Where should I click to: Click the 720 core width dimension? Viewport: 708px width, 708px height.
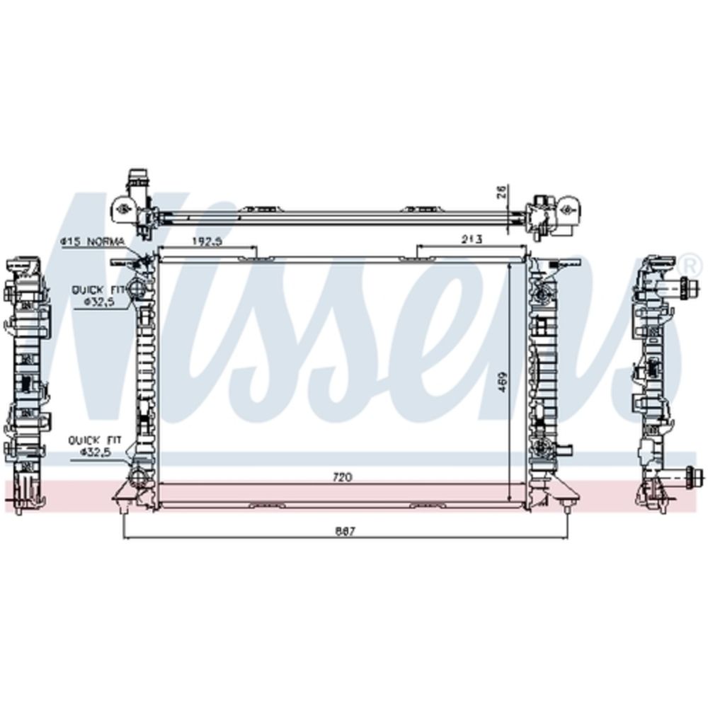coord(343,477)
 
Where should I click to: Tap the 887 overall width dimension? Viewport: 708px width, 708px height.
coord(345,531)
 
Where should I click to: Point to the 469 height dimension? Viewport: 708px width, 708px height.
coord(501,383)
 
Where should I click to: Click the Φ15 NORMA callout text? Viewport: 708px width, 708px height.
coord(92,242)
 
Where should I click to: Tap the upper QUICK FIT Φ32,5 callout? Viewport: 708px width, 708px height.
coord(100,295)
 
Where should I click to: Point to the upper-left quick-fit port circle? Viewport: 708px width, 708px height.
coord(139,289)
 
